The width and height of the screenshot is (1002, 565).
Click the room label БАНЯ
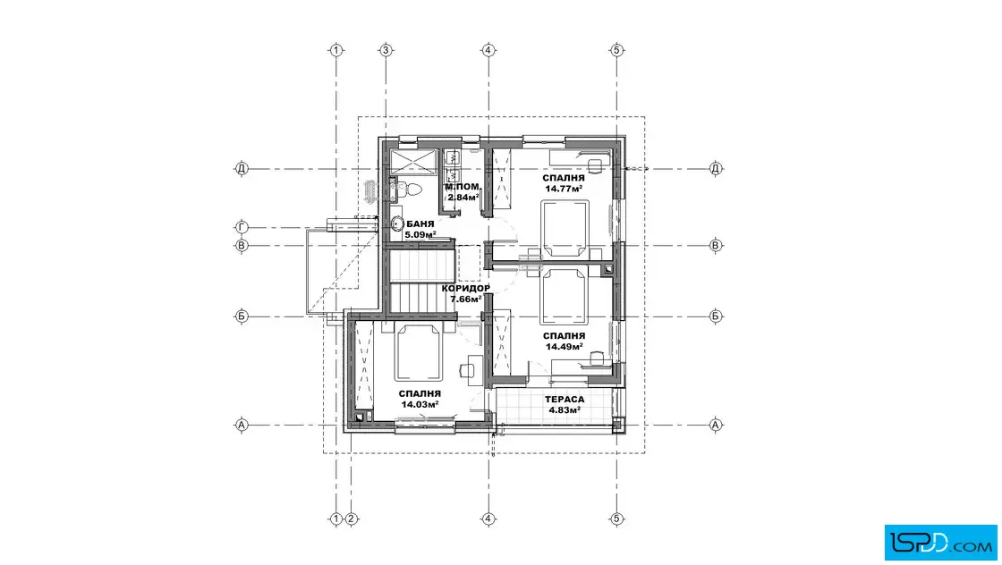[x=420, y=224]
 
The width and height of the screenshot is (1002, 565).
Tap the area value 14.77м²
[x=564, y=189]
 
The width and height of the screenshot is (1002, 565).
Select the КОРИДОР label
[x=466, y=289]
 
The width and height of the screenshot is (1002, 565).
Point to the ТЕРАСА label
[x=565, y=400]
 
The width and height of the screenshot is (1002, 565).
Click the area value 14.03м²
[x=420, y=404]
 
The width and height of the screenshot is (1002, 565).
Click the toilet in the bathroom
[x=410, y=189]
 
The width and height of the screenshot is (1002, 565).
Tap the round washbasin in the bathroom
[x=397, y=224]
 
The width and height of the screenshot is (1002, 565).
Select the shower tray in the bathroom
[x=412, y=162]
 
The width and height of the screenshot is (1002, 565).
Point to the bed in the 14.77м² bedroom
[x=565, y=228]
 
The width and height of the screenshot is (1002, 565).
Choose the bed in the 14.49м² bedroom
[x=564, y=297]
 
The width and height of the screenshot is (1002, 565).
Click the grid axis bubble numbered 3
[x=386, y=50]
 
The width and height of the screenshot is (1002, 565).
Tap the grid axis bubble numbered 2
[x=351, y=519]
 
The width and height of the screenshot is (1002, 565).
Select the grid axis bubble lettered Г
[x=242, y=227]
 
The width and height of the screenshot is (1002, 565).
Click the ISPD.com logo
[x=940, y=543]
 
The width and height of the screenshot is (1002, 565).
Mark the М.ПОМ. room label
[x=463, y=187]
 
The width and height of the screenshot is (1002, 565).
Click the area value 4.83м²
[x=565, y=409]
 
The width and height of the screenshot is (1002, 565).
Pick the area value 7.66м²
[x=466, y=299]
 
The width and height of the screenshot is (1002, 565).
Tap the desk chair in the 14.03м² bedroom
[x=466, y=368]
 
